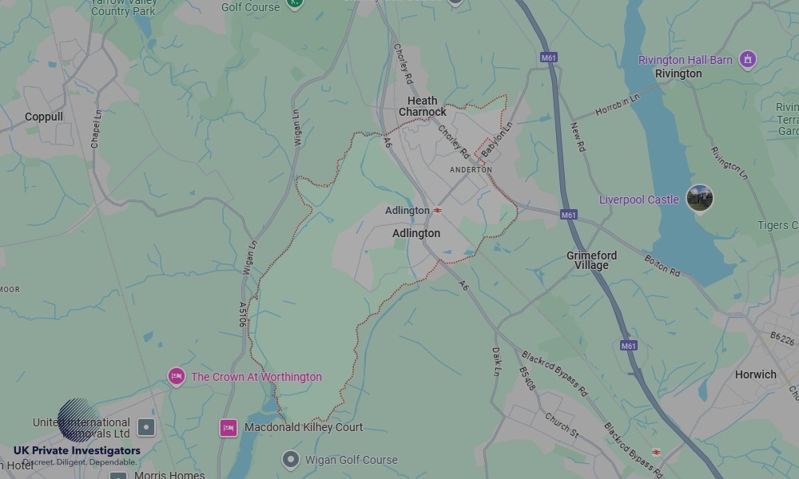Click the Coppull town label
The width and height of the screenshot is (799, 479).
click(x=44, y=117)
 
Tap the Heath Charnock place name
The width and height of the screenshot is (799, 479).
click(x=423, y=106)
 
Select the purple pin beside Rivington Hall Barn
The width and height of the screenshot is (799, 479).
click(x=747, y=59)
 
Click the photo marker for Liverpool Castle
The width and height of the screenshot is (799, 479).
click(x=700, y=199)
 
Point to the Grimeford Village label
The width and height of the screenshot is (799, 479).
click(x=592, y=260)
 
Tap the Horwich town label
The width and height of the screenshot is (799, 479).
click(x=755, y=374)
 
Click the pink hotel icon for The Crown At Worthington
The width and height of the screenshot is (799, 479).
click(x=177, y=377)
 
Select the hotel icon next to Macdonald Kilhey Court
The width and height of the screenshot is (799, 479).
click(x=229, y=428)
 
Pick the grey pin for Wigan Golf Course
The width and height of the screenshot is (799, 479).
click(x=291, y=460)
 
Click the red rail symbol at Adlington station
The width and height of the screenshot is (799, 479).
click(x=438, y=211)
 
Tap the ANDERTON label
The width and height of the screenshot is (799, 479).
click(x=471, y=170)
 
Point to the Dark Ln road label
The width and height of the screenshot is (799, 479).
click(x=496, y=361)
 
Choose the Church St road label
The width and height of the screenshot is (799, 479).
click(x=562, y=426)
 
